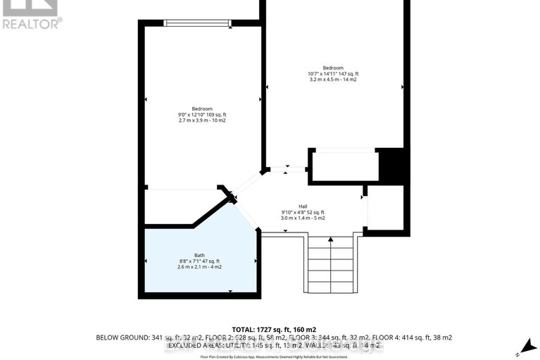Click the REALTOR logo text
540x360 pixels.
pos(31,23)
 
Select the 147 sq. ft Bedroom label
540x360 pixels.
pos(333,68)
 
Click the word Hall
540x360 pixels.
pos(303,206)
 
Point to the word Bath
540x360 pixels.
pos(200,255)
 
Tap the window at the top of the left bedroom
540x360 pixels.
pos(197,23)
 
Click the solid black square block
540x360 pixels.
pos(391,166)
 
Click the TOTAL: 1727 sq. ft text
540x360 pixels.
pos(274,329)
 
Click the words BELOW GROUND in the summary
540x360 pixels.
pos(123,338)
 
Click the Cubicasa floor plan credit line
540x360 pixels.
pos(275,357)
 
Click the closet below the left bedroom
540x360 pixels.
pos(184,207)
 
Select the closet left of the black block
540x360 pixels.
pos(343,166)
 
